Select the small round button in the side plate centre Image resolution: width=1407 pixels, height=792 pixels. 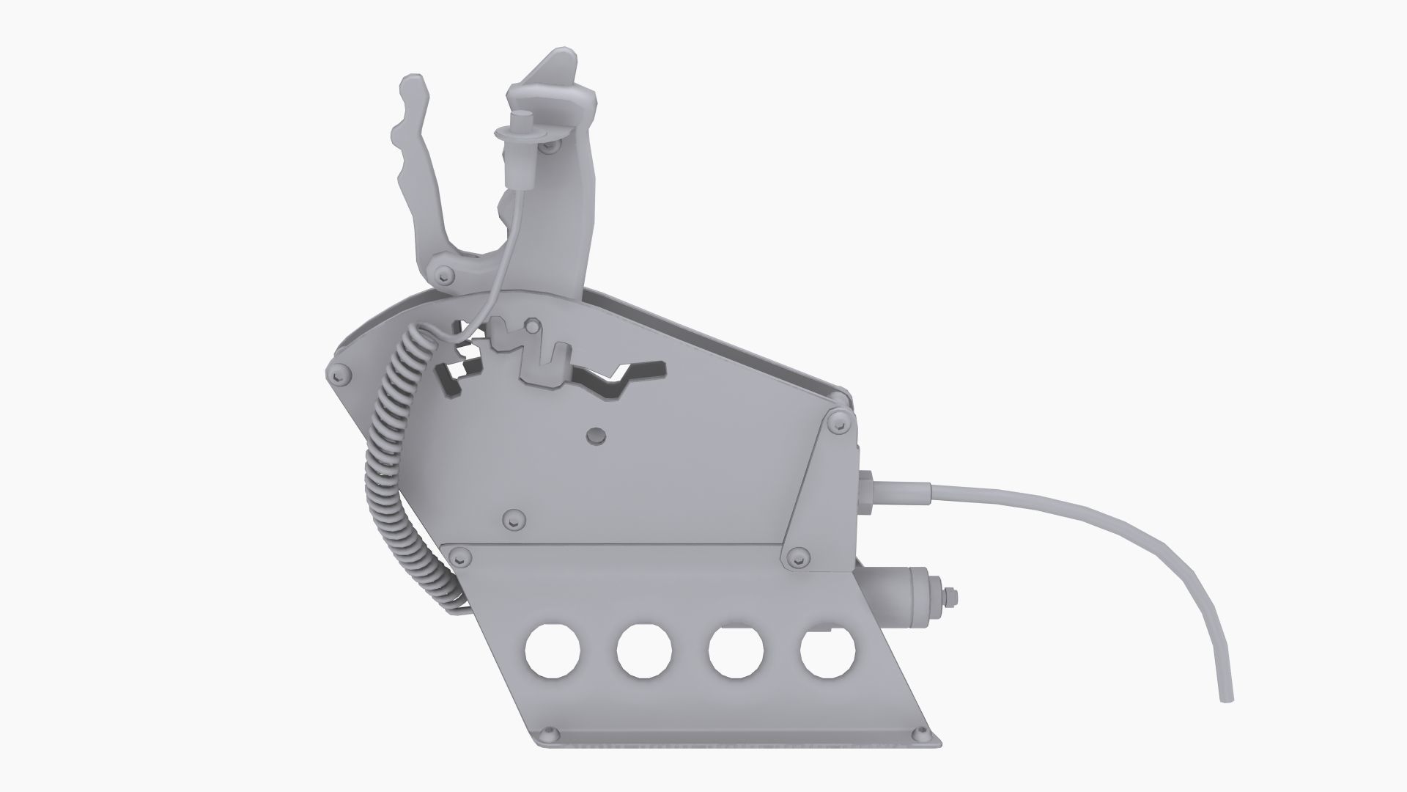pyautogui.click(x=597, y=436)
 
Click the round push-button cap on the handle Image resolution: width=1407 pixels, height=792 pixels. pyautogui.click(x=522, y=121)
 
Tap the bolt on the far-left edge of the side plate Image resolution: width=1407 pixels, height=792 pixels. pyautogui.click(x=336, y=375)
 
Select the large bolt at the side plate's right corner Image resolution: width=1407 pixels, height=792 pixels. pyautogui.click(x=835, y=423)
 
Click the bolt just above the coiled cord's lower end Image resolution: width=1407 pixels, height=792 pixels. pyautogui.click(x=460, y=557)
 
